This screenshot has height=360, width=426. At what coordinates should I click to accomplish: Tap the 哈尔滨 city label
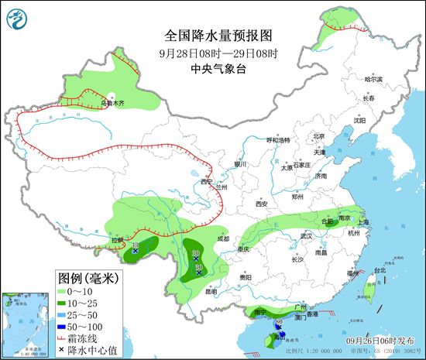(373, 79)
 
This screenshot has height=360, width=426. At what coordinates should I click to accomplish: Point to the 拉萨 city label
(117, 240)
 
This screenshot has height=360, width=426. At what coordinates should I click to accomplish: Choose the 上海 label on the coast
(364, 222)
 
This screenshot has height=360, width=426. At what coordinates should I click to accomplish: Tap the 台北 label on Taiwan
(379, 270)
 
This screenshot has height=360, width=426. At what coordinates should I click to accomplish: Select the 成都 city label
(224, 239)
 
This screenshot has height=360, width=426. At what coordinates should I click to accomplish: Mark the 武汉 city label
(306, 235)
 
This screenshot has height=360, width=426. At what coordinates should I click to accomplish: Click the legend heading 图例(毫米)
(87, 276)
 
